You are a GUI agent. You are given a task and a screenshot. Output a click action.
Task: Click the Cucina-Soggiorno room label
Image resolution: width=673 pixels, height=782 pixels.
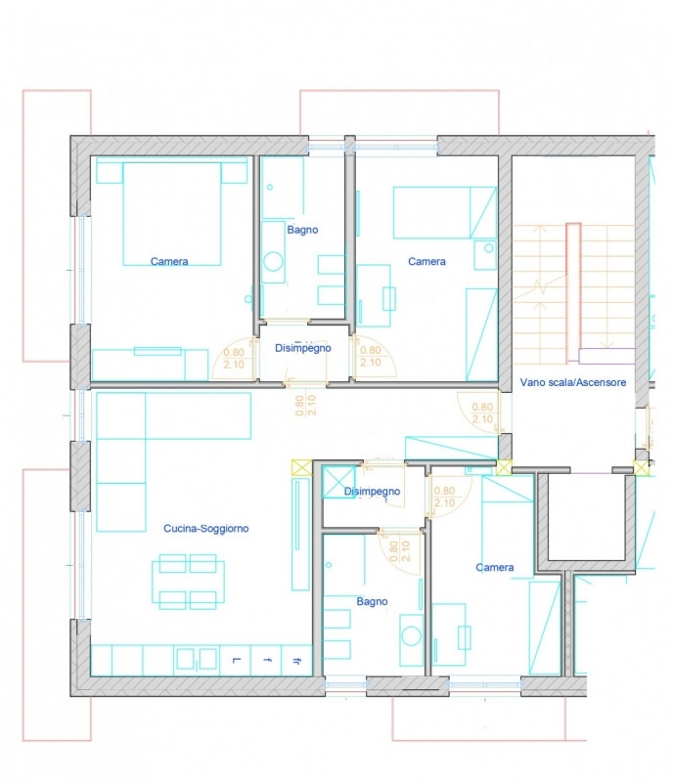[206, 528]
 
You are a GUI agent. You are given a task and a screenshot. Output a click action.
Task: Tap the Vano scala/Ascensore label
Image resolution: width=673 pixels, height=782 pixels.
[573, 382]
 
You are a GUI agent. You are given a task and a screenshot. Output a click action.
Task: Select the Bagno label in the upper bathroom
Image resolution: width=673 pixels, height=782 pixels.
[302, 230]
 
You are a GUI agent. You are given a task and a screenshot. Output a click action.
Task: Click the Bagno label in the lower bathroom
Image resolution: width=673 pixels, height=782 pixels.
[372, 601]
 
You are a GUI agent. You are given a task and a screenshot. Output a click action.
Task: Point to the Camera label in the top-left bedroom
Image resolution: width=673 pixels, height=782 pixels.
[169, 261]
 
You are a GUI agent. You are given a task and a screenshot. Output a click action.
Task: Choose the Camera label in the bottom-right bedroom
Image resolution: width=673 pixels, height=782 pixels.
[495, 567]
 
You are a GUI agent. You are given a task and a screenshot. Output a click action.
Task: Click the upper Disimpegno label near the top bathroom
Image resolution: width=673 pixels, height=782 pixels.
[303, 348]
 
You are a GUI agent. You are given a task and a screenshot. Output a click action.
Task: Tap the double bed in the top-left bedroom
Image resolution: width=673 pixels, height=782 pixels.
[172, 213]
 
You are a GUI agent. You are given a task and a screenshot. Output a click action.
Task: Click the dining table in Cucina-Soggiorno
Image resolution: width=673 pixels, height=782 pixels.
[188, 581]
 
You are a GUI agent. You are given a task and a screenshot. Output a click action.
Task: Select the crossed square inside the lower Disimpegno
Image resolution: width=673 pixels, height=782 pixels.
[338, 481]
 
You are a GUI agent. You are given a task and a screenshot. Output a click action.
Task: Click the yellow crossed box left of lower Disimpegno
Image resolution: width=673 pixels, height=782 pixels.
[301, 467]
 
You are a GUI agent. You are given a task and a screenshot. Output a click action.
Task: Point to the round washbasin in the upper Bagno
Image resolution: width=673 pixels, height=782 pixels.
[273, 261]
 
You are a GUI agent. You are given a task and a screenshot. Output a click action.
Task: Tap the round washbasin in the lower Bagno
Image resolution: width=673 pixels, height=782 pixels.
[412, 636]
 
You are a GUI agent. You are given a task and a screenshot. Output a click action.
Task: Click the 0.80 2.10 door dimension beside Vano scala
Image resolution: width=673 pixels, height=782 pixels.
[482, 413]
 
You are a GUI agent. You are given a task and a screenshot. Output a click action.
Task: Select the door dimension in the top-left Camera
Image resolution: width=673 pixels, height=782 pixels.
[234, 359]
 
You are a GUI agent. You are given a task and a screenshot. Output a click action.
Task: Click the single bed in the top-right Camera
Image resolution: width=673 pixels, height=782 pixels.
[445, 212]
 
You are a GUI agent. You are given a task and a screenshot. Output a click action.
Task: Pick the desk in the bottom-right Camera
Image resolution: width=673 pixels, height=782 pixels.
[448, 634]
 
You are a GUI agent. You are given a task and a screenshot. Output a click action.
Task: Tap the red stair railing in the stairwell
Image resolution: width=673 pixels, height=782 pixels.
[573, 292]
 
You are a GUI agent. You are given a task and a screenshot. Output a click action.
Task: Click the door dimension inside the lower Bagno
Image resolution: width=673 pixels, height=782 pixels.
[399, 551]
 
